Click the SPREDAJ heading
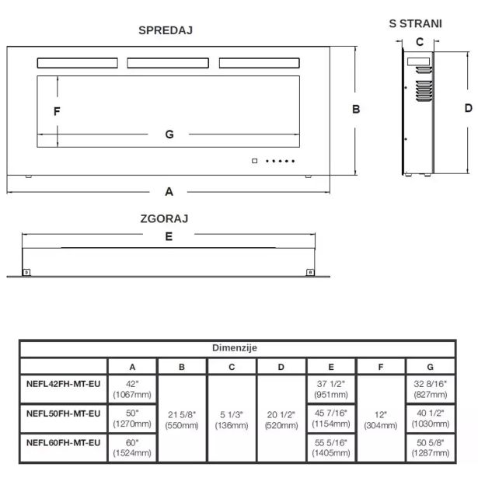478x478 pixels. point(165,30)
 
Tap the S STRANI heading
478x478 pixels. point(416,23)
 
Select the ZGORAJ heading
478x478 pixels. point(165,219)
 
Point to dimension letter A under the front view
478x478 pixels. point(169,190)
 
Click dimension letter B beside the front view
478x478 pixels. point(356,110)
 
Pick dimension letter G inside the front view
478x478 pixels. point(169,134)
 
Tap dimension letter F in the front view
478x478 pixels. point(57,111)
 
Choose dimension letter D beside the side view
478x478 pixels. point(468,108)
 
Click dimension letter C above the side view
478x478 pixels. point(418,42)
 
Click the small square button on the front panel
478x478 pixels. point(254,162)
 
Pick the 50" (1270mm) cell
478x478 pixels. point(131,419)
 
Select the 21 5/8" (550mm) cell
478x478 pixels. point(181,420)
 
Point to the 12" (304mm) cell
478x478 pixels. point(380,420)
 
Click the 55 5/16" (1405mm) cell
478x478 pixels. point(330,448)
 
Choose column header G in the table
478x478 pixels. point(430,366)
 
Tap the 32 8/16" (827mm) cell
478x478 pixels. point(430,387)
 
